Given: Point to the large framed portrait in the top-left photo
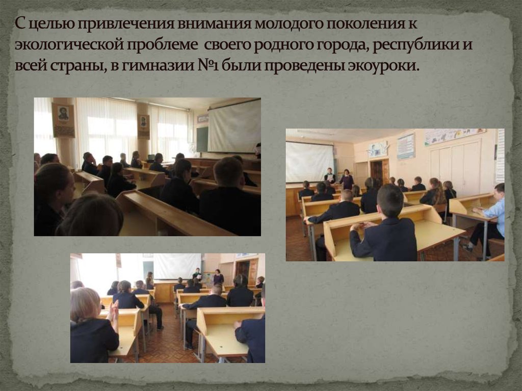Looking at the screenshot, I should pyautogui.click(x=63, y=120).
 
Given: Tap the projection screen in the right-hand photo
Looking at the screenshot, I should pyautogui.click(x=309, y=162).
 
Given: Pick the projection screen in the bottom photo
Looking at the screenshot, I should pyautogui.click(x=176, y=266).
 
